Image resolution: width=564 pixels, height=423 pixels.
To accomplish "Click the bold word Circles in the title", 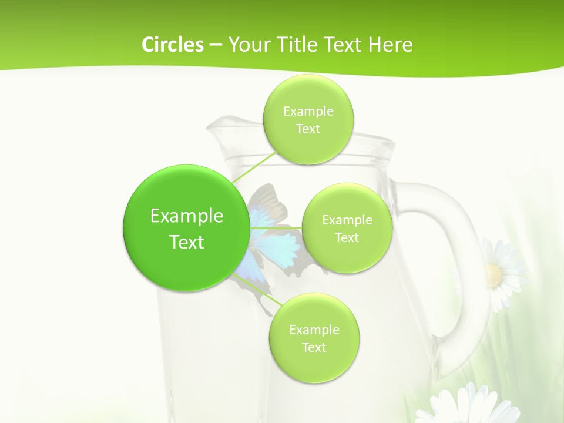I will click(173, 45).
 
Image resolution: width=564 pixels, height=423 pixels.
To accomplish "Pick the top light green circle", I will click(308, 120).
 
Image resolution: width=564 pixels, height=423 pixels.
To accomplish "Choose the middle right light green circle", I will click(347, 229).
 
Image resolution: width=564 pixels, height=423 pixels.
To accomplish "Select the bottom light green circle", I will click(314, 338).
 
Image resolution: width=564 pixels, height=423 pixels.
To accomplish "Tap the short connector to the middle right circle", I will click(276, 228).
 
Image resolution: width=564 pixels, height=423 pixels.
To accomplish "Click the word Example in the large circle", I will click(187, 216).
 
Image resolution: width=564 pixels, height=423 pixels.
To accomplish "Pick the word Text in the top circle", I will click(308, 129).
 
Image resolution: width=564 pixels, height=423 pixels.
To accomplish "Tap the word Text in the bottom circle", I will click(314, 348).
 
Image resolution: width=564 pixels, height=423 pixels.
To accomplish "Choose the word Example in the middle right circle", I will click(347, 220).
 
